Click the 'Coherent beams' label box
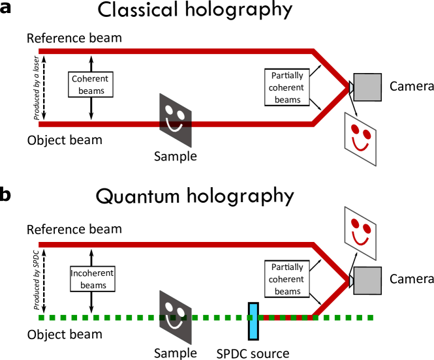click(91, 85)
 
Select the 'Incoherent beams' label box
click(92, 279)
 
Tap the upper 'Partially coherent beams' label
click(287, 87)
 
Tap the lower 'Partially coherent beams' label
click(287, 279)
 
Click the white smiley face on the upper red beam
click(174, 119)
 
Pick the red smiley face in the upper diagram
click(360, 138)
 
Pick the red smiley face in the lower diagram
click(360, 232)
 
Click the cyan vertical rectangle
click(253, 321)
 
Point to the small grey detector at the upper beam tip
click(350, 87)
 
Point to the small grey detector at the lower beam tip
click(350, 281)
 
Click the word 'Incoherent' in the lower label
click(92, 273)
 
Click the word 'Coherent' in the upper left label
click(90, 79)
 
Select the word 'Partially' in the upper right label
click(287, 76)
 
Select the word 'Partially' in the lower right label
click(287, 267)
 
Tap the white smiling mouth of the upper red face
click(359, 143)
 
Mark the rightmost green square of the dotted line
click(369, 318)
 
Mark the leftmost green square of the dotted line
click(42, 318)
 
